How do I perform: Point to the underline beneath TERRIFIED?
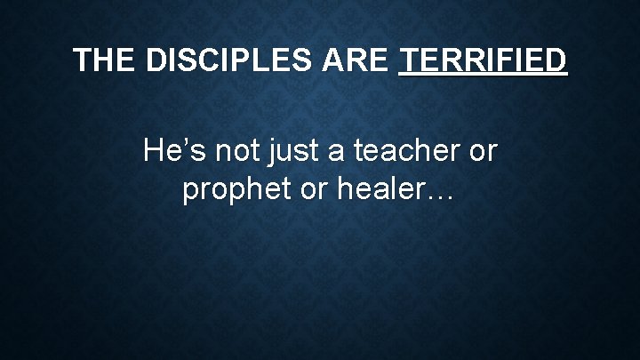[x=483, y=76]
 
